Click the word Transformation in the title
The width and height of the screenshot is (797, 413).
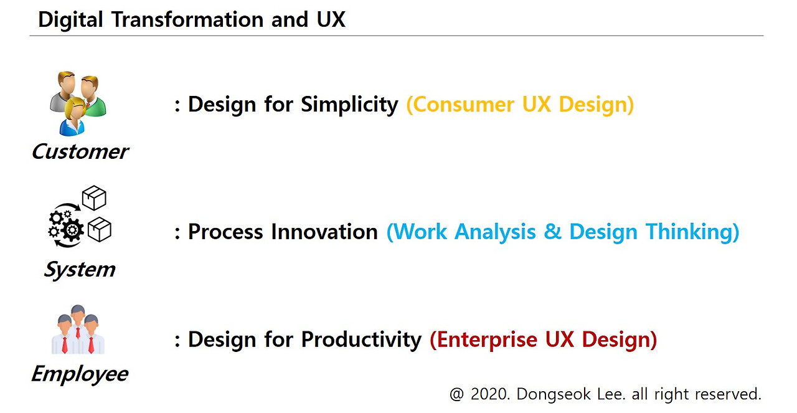(187, 19)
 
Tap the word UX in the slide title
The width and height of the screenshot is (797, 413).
(331, 19)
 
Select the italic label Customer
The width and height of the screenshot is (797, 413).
(80, 151)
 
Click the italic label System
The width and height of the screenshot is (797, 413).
(80, 270)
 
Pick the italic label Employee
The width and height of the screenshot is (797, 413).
(80, 374)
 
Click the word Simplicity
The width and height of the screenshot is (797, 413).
(349, 105)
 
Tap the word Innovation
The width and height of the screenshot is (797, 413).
(324, 232)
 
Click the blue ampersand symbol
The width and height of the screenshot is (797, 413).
(552, 232)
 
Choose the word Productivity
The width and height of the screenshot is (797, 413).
(361, 339)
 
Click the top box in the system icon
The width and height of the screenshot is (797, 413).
(94, 197)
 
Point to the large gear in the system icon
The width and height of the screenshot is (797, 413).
(72, 230)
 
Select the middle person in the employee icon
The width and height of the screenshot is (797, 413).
(78, 328)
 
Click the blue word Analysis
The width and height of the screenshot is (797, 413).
(495, 232)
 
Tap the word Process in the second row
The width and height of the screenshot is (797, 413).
(225, 232)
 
